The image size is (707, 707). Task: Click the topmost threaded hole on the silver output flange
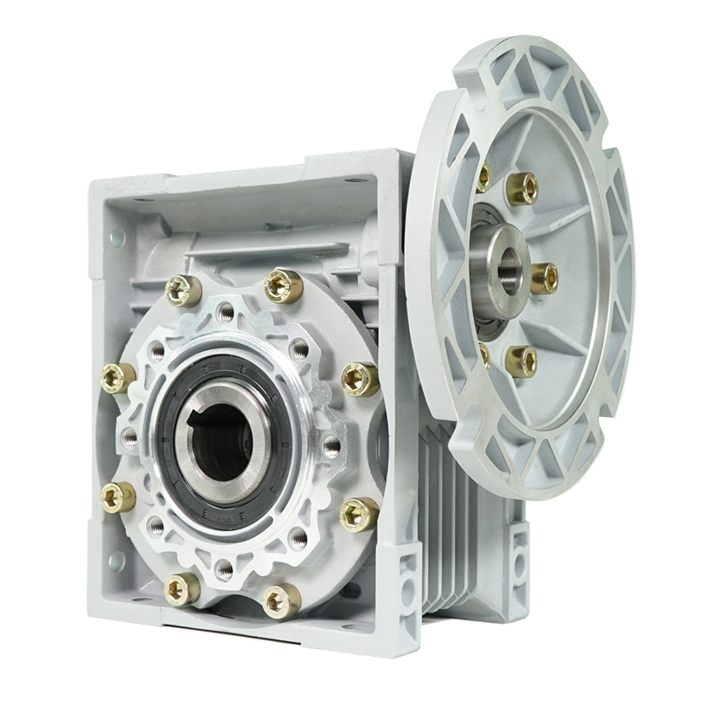coord(226,313)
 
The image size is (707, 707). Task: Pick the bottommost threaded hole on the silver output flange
coord(223,567)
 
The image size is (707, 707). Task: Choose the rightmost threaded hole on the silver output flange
coord(332,445)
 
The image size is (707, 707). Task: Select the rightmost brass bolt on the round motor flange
coord(544,278)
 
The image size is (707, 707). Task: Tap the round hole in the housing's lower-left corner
coord(115,560)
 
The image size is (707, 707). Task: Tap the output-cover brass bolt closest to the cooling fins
coord(359,514)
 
